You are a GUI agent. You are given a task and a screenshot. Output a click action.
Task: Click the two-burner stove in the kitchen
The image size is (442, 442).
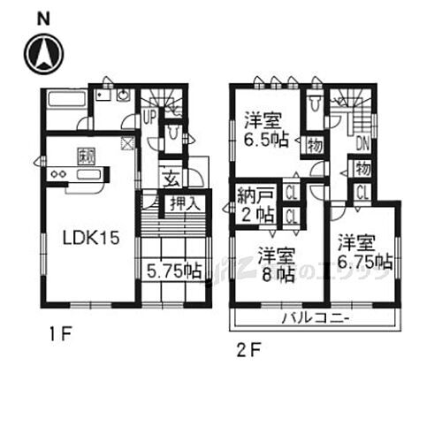58,174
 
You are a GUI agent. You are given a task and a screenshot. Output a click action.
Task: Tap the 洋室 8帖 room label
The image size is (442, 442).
277,263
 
